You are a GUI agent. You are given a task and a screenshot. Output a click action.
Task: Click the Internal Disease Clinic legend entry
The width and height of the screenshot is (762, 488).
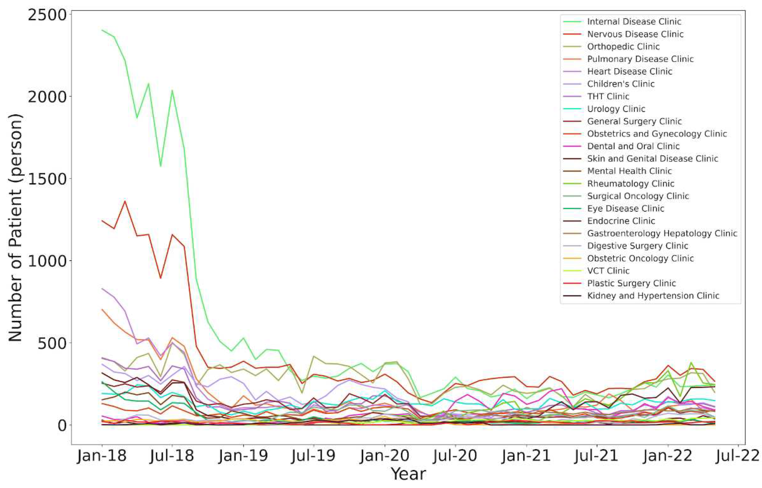[x=634, y=22]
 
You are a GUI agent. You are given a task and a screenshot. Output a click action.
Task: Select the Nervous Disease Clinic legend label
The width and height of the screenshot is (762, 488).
[x=635, y=34]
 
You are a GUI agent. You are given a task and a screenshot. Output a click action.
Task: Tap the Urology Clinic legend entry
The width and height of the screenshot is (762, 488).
[x=616, y=109]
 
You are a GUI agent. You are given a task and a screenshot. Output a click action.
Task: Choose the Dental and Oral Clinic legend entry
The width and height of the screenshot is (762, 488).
[x=633, y=146]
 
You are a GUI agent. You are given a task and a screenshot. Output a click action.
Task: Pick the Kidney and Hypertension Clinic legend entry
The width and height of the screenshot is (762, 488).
[x=653, y=296]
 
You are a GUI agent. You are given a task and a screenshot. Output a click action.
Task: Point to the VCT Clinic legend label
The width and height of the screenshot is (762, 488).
[x=608, y=271]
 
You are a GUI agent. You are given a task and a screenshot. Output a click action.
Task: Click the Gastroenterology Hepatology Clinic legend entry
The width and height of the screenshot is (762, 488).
[x=662, y=233]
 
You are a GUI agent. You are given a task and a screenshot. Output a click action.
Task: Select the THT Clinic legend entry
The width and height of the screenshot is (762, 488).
[x=608, y=96]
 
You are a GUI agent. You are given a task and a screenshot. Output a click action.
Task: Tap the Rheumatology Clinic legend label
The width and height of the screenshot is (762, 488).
[x=630, y=183]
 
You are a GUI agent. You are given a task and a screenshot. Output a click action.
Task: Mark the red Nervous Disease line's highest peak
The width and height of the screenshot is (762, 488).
[x=125, y=201]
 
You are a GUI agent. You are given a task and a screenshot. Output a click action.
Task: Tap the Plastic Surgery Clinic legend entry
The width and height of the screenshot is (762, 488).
[x=631, y=283]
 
